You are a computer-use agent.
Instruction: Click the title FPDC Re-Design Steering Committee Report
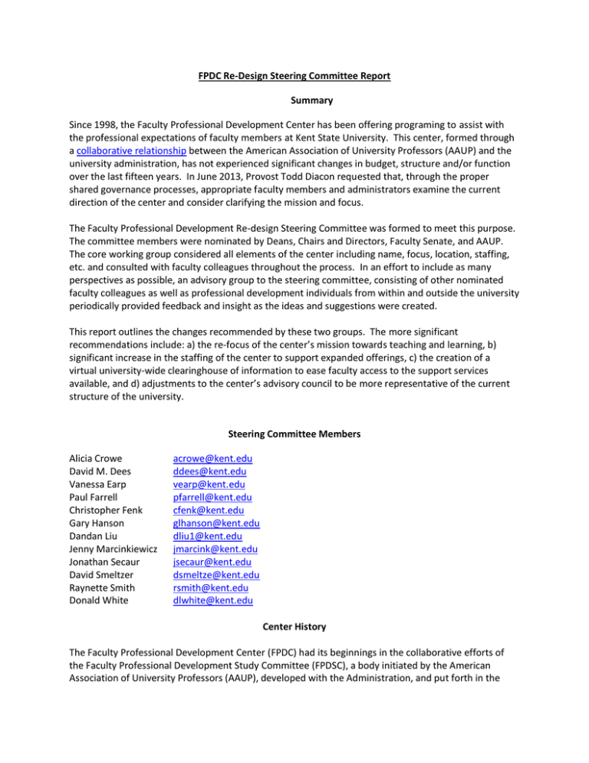pyautogui.click(x=294, y=77)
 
